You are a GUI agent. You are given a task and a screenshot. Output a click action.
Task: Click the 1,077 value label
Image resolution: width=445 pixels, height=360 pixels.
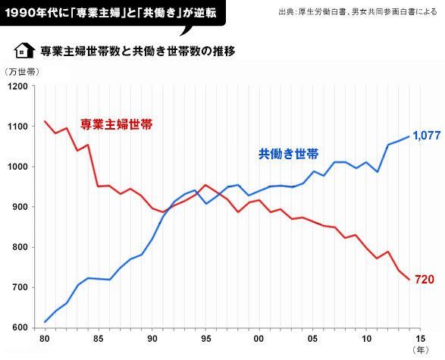point(426,136)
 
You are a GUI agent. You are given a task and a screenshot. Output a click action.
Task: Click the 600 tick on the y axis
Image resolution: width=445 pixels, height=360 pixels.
point(19,328)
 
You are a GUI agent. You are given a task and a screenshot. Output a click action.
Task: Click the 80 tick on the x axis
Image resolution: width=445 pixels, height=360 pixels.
point(45,339)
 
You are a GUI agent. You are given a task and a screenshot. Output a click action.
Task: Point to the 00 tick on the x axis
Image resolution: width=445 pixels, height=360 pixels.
point(259,339)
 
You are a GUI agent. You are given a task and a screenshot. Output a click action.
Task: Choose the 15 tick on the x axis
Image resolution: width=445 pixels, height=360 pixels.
point(420,339)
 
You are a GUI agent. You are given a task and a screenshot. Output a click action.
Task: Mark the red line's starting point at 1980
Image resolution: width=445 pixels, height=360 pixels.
point(45,121)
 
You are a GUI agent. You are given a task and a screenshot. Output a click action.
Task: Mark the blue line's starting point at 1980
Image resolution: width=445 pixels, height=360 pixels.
point(45,322)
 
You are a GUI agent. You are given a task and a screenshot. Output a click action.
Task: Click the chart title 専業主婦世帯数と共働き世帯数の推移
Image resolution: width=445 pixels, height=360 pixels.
point(136,52)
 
